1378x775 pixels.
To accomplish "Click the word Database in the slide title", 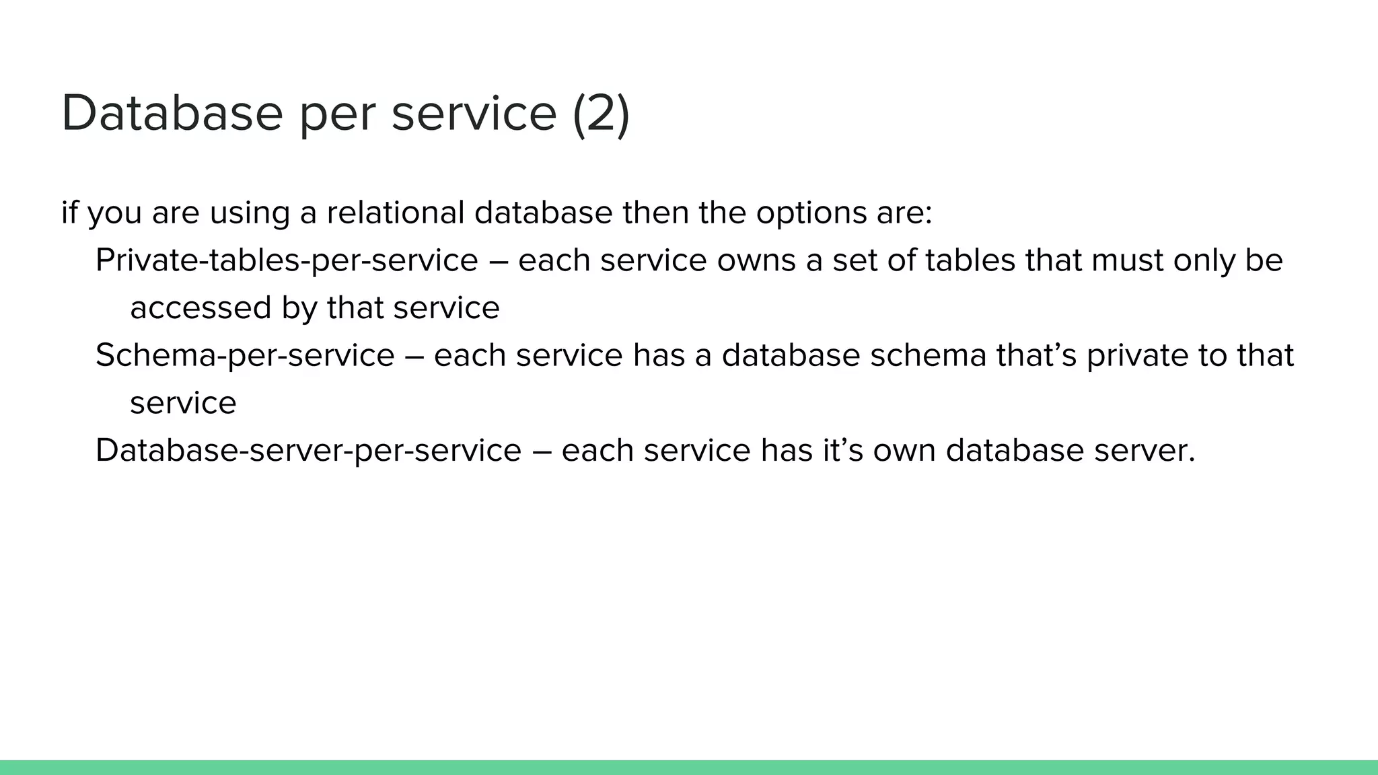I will point(172,113).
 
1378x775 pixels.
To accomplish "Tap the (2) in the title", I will point(601,113).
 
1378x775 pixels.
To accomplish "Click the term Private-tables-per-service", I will point(287,260).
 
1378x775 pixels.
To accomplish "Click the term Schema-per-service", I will point(245,355).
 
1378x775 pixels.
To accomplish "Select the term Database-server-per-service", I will point(308,450).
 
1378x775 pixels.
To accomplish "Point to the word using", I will point(250,213).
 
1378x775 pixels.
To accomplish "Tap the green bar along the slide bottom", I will point(689,768).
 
